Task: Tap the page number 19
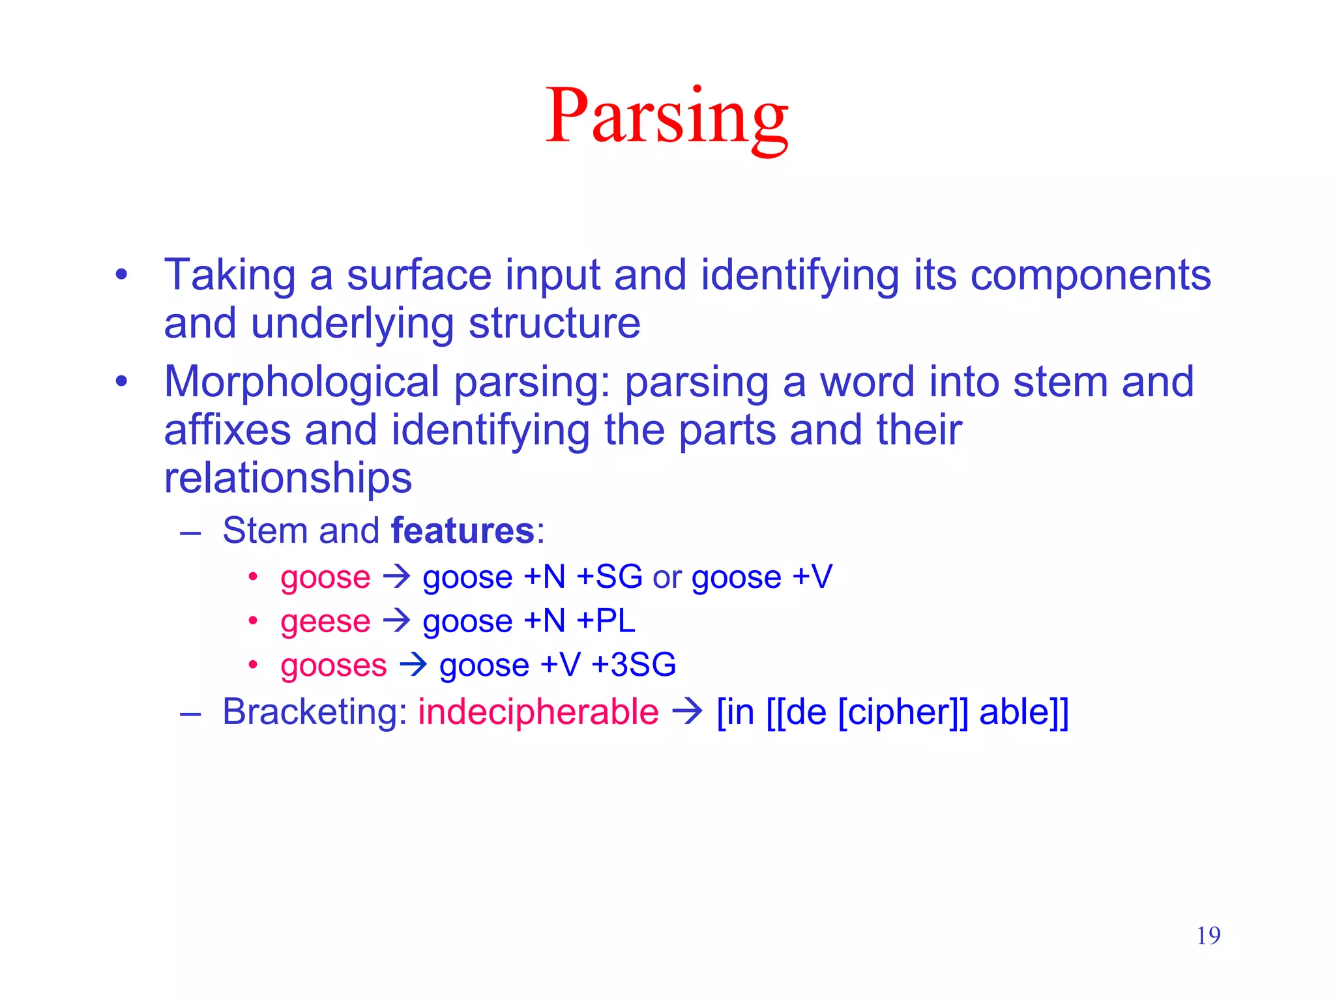pyautogui.click(x=1208, y=936)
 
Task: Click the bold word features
pyautogui.click(x=463, y=530)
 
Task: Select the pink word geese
pyautogui.click(x=325, y=621)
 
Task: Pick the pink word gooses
pyautogui.click(x=334, y=665)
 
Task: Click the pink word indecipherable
pyautogui.click(x=538, y=712)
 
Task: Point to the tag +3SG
pyautogui.click(x=634, y=665)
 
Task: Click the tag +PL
pyautogui.click(x=606, y=621)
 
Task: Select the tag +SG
pyautogui.click(x=609, y=577)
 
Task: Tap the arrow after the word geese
pyautogui.click(x=396, y=620)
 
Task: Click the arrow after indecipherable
pyautogui.click(x=687, y=711)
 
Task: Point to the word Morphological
pyautogui.click(x=302, y=382)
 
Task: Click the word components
pyautogui.click(x=1090, y=276)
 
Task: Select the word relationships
pyautogui.click(x=287, y=478)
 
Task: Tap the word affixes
pyautogui.click(x=227, y=430)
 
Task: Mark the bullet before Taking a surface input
pyautogui.click(x=121, y=274)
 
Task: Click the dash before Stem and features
pyautogui.click(x=190, y=532)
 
